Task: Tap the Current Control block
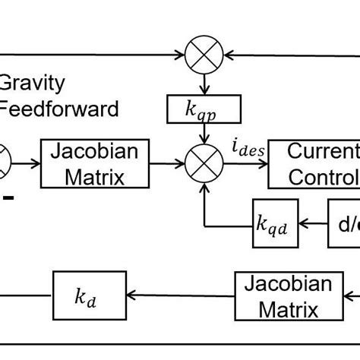click(314, 163)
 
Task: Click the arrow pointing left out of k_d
click(27, 296)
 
